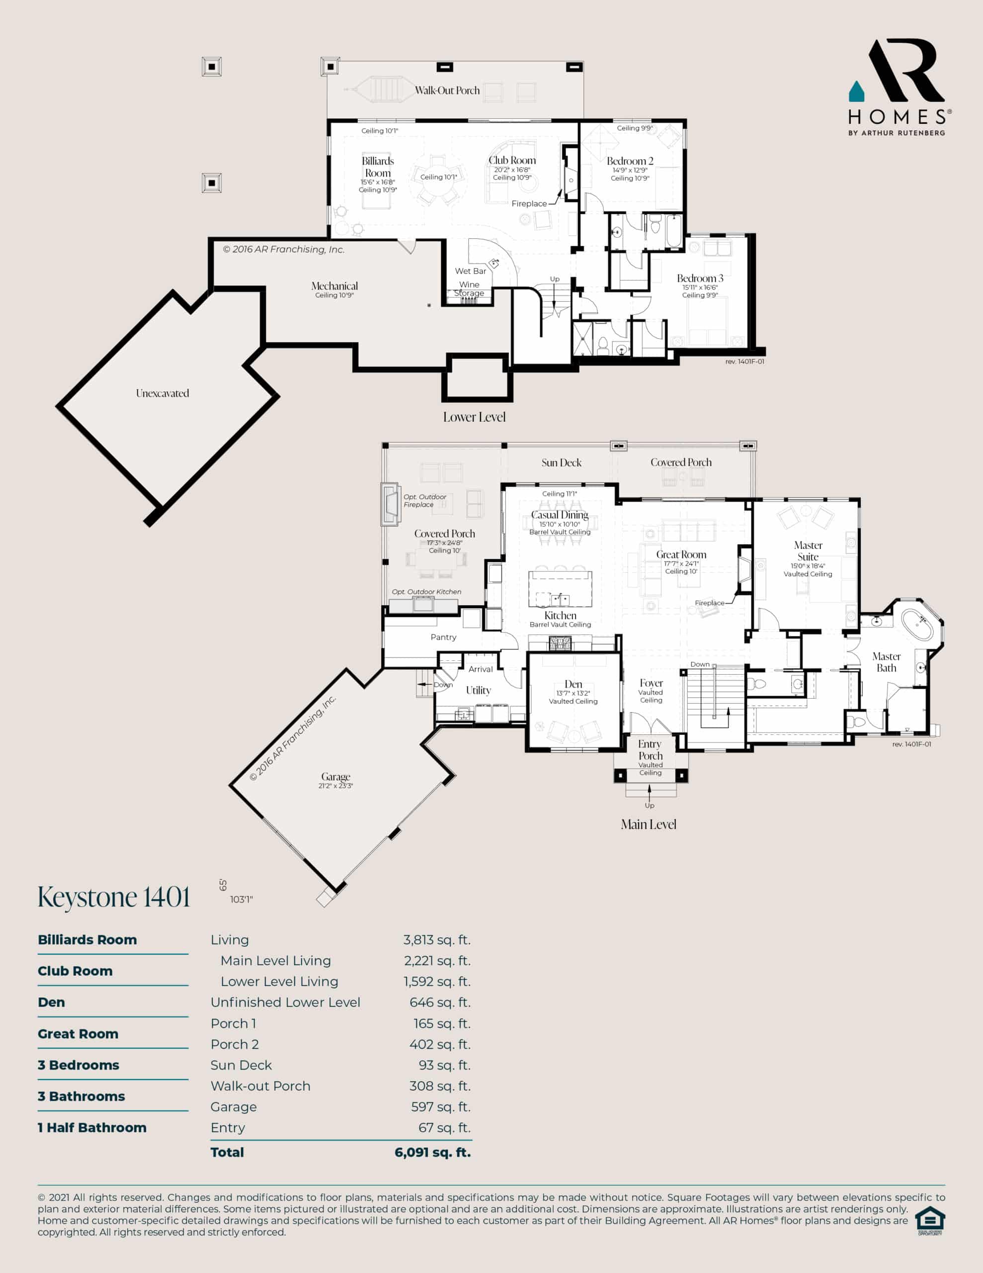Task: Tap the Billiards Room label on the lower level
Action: [x=378, y=167]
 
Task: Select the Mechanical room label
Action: [x=334, y=285]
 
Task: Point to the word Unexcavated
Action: [x=163, y=393]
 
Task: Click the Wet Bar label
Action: [x=470, y=271]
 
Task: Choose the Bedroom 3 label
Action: [x=700, y=278]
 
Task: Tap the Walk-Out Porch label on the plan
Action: [x=447, y=91]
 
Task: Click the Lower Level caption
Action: [x=474, y=417]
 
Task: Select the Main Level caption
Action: [x=649, y=824]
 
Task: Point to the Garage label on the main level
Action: [x=335, y=776]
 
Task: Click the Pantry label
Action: [x=443, y=637]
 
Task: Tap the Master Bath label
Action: [x=886, y=662]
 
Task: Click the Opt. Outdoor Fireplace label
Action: [x=425, y=501]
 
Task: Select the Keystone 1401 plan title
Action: [x=114, y=897]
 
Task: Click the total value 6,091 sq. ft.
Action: [x=432, y=1152]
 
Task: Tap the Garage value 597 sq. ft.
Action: [x=440, y=1107]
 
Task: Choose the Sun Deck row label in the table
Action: [x=241, y=1065]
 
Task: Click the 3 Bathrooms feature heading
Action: [x=81, y=1096]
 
